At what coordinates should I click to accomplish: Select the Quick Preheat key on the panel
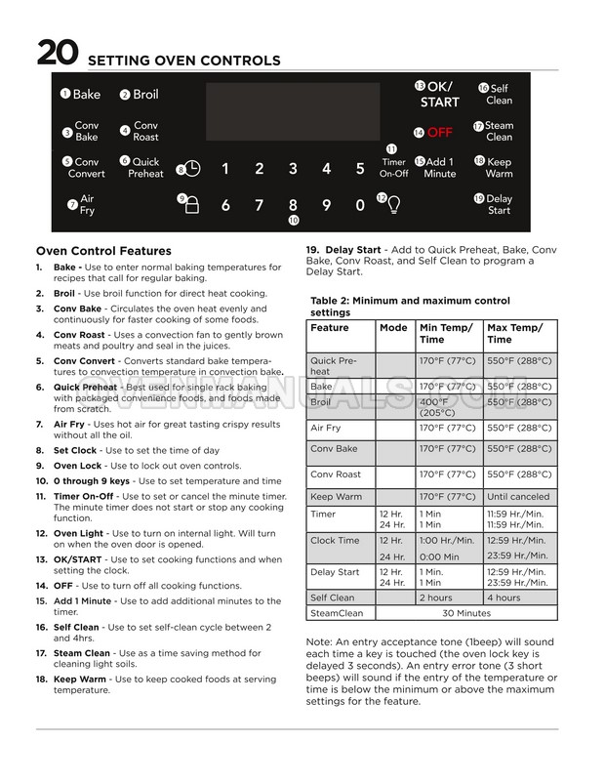click(x=145, y=167)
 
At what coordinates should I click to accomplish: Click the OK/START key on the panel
click(x=439, y=94)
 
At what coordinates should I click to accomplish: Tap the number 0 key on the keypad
click(x=360, y=205)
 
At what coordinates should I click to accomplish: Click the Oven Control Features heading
click(x=103, y=251)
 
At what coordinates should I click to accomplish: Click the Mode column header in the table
click(x=394, y=328)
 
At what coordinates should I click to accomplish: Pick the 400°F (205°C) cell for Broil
click(x=437, y=406)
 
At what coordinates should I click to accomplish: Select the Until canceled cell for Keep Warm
click(x=517, y=496)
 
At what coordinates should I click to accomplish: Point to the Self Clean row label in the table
click(x=333, y=598)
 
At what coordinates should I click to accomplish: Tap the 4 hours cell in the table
click(x=504, y=598)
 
